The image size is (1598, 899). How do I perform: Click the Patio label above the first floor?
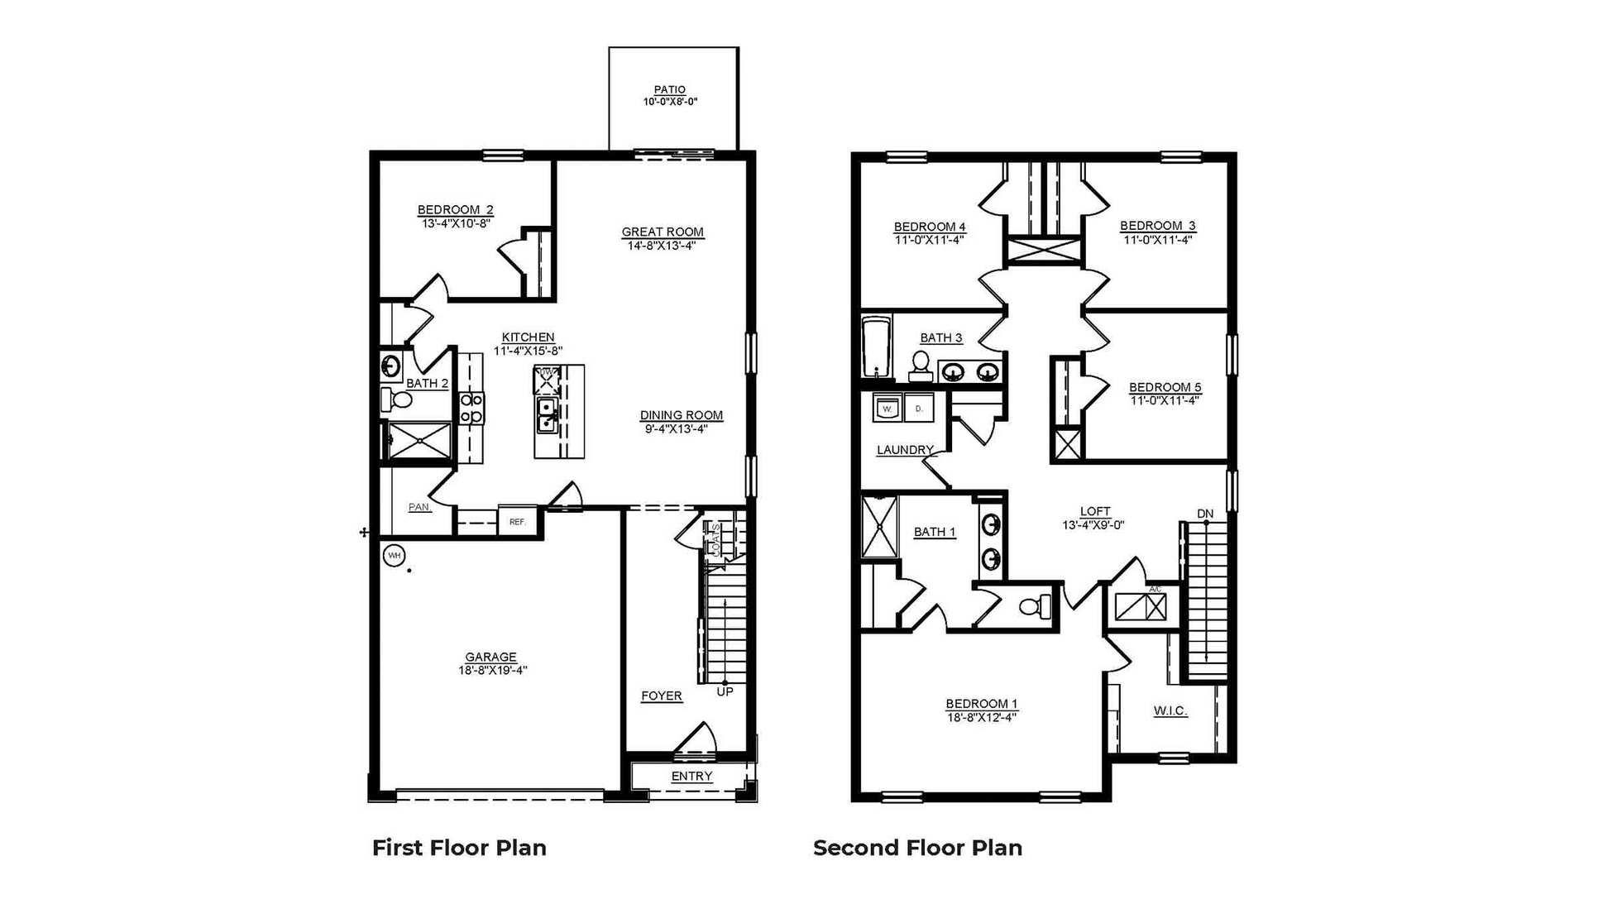point(669,89)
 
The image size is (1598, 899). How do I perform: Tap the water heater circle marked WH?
point(394,556)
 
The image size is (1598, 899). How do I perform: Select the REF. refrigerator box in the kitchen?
point(518,522)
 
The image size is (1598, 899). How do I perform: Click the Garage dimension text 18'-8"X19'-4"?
point(493,670)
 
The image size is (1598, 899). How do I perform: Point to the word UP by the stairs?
point(725,691)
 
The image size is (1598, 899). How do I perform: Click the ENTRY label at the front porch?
point(691,776)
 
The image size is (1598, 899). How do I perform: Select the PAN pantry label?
point(419,507)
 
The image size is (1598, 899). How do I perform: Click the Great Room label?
point(663,232)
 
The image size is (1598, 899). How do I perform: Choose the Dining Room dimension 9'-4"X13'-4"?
point(676,428)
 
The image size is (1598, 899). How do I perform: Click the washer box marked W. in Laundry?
point(888,408)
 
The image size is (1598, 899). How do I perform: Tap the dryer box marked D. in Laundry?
point(918,408)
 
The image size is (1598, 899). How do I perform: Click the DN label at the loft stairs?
point(1205,514)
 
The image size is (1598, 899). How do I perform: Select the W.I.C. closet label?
point(1170,710)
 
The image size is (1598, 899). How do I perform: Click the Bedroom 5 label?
point(1165,387)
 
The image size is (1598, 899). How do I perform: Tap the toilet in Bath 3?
point(921,364)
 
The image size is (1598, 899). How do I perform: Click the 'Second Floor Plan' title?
point(917,848)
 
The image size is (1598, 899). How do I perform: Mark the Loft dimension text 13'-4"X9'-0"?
point(1093,524)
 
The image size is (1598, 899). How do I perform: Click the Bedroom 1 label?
point(982,704)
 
